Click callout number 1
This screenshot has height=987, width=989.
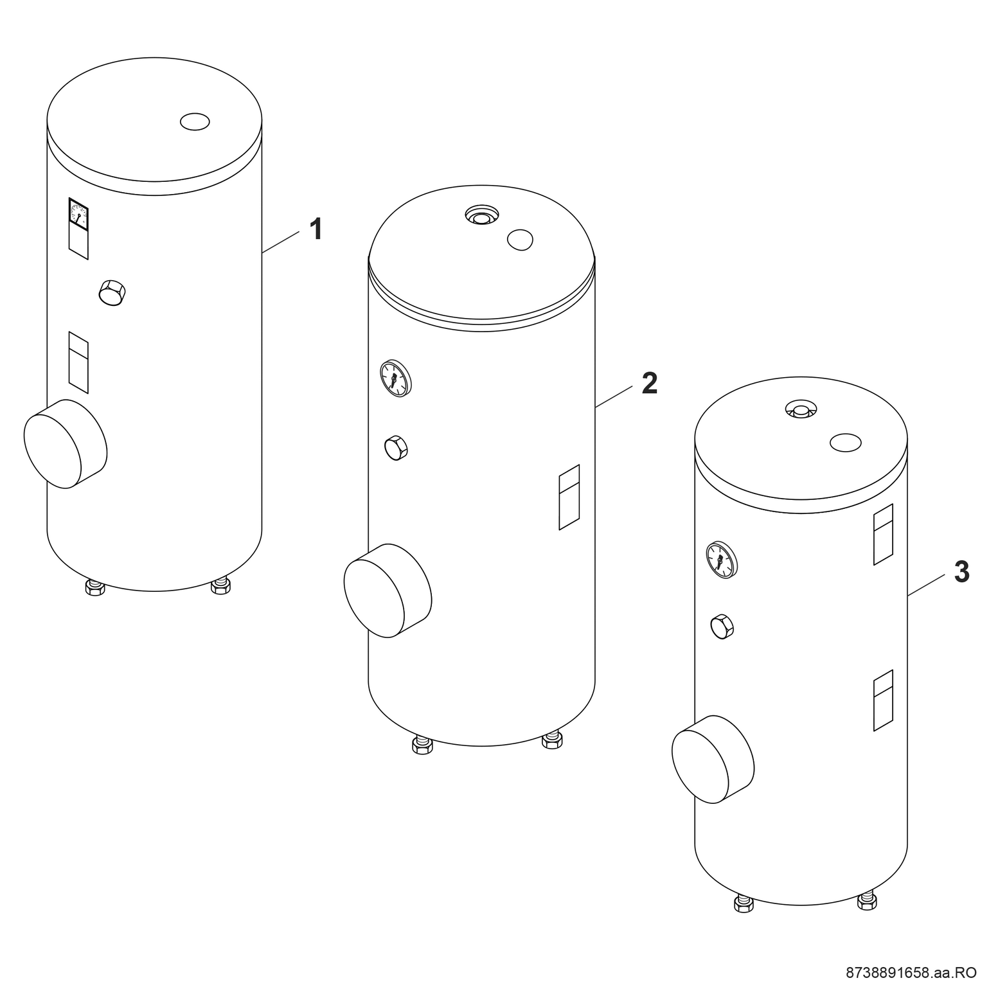316,229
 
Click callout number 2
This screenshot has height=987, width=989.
649,384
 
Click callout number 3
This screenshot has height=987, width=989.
961,572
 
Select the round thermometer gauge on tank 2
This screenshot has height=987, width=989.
395,378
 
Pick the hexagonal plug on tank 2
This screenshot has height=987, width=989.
396,448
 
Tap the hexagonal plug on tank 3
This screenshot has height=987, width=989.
722,627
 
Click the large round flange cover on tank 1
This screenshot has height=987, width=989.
65,443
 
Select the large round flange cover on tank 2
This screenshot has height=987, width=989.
388,591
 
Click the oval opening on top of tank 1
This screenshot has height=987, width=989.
195,121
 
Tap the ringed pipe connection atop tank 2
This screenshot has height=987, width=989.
481,215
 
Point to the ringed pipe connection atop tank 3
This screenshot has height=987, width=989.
801,409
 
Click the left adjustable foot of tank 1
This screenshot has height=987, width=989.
95,587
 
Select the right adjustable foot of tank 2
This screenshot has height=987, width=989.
552,740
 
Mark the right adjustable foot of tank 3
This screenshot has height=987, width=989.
868,901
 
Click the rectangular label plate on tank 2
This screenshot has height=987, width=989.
569,497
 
